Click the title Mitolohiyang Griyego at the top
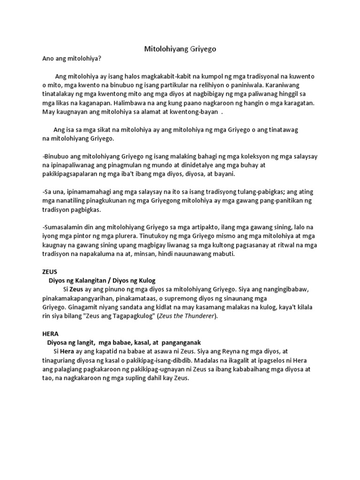(180, 49)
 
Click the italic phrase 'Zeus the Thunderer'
(187, 316)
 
